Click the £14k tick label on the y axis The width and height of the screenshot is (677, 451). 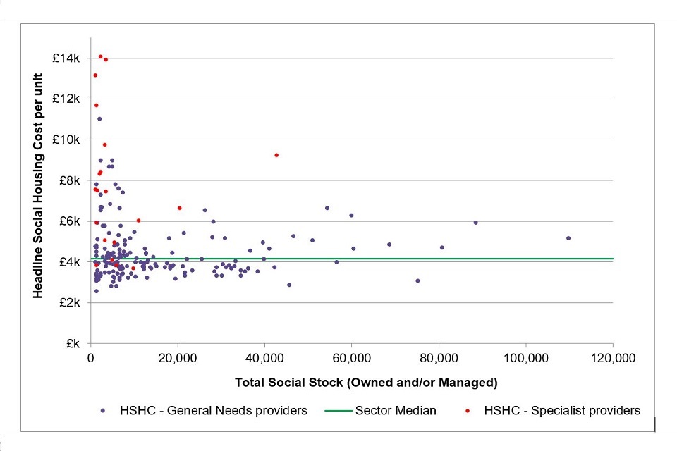[66, 58]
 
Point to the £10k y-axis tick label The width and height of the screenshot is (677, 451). [66, 140]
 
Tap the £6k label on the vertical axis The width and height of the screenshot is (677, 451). [68, 221]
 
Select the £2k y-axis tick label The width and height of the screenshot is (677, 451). [68, 303]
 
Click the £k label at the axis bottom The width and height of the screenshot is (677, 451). [72, 344]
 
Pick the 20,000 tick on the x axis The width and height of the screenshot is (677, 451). [178, 358]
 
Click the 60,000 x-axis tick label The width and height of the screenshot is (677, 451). [352, 358]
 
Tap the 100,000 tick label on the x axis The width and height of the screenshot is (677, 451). [525, 358]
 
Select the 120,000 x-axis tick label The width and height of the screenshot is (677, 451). [613, 358]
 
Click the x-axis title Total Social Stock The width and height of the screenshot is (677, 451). [351, 383]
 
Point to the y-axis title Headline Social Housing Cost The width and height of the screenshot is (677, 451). [39, 201]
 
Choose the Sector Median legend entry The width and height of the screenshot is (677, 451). [396, 410]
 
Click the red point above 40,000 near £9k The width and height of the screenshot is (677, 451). [276, 155]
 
